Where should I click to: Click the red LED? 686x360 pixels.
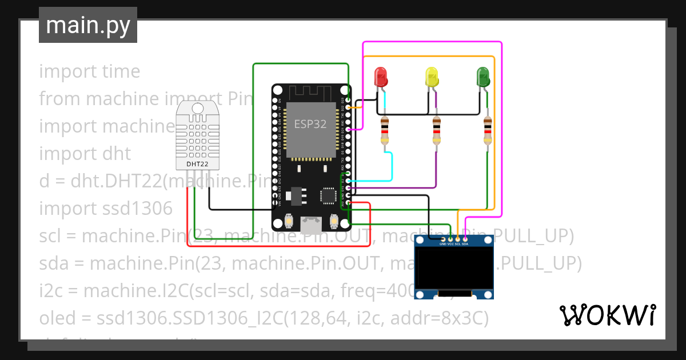[x=380, y=77]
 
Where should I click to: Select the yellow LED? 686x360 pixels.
[x=432, y=77]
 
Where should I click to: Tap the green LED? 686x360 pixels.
[x=483, y=77]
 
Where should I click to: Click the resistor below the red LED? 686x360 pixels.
[x=385, y=131]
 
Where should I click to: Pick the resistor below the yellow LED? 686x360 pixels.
[x=436, y=131]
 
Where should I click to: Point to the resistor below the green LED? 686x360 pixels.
[x=487, y=131]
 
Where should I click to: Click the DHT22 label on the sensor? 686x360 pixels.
[x=197, y=165]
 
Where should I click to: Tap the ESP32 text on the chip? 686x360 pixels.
[x=310, y=124]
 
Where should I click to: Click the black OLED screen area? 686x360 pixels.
[x=454, y=269]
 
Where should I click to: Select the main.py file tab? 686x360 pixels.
[x=88, y=25]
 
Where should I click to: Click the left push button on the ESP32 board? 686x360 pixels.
[x=289, y=221]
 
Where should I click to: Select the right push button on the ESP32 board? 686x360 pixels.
[x=334, y=221]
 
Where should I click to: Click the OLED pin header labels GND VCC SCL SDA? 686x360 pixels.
[x=454, y=244]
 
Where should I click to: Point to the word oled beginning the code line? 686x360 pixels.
[x=56, y=318]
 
